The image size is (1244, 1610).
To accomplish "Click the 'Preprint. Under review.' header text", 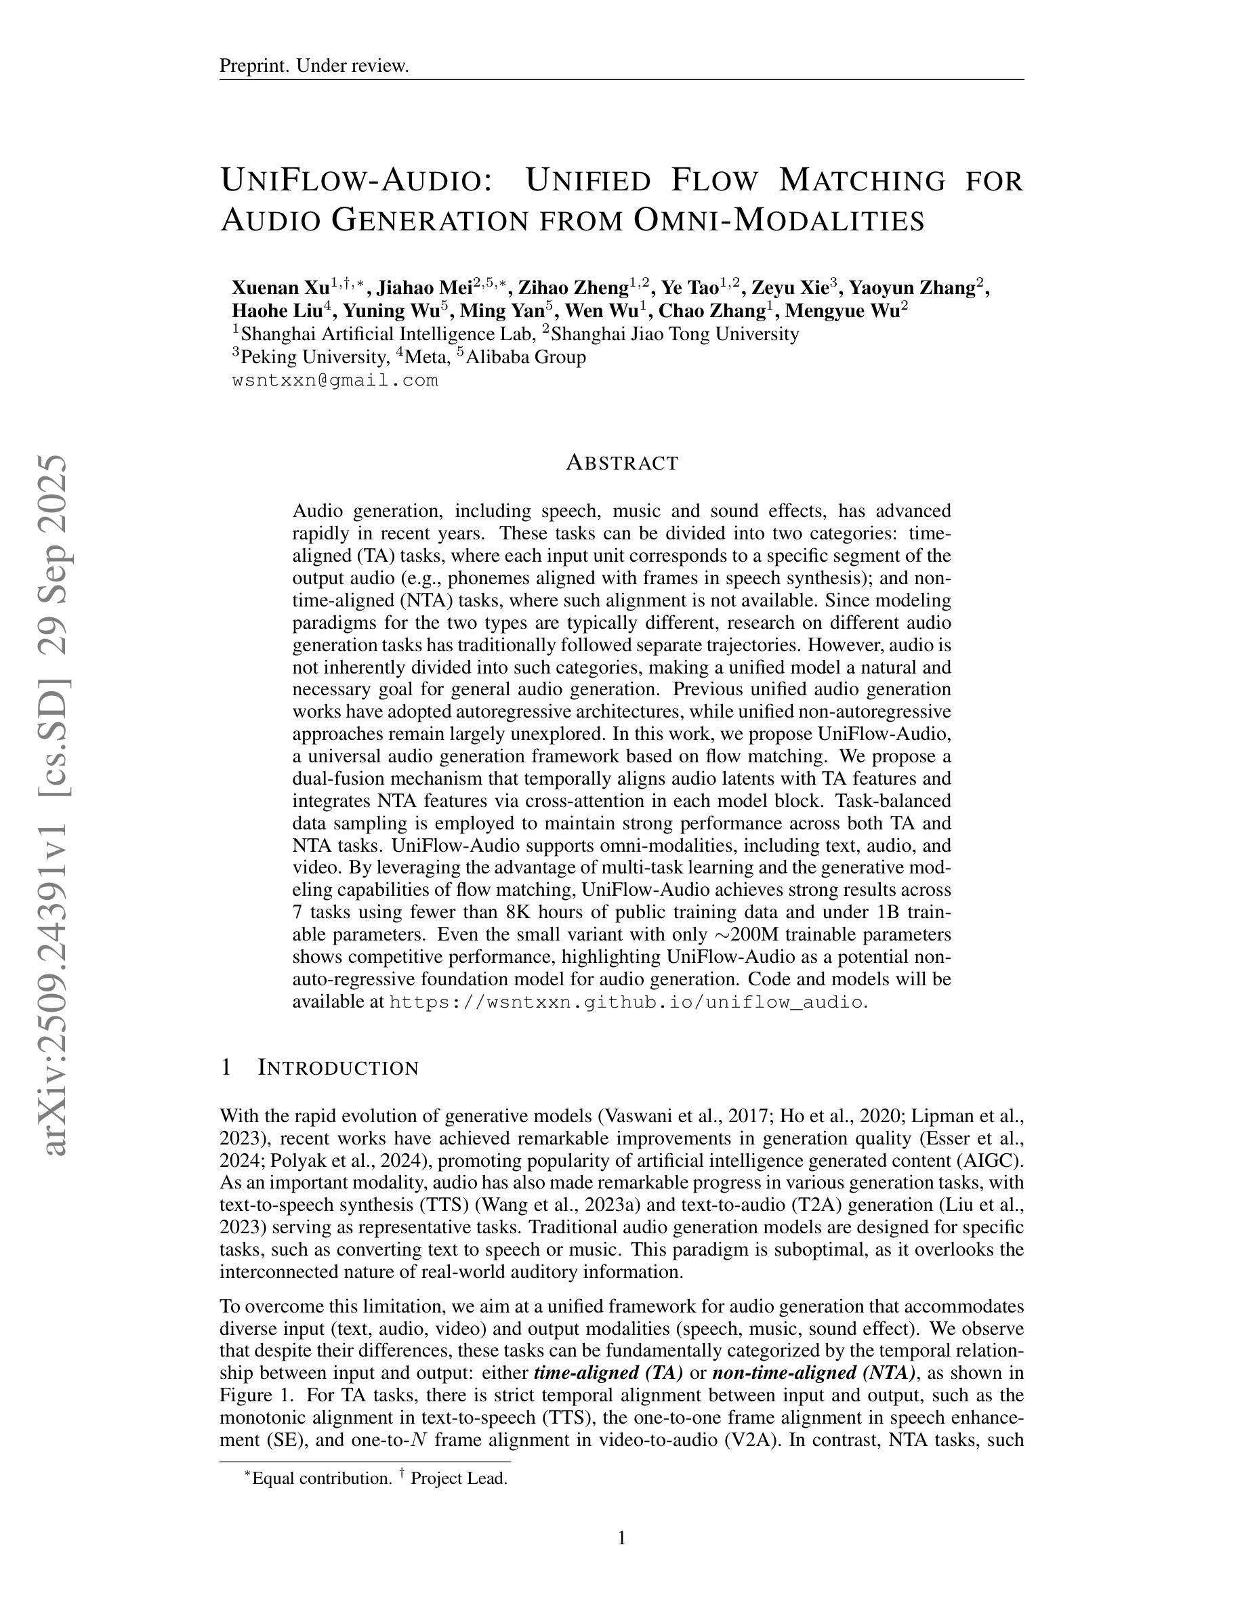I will [x=314, y=66].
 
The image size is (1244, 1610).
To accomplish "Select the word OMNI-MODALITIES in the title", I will [x=779, y=220].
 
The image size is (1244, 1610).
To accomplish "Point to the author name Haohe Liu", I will [x=276, y=311].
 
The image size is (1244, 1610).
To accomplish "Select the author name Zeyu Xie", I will [x=789, y=287].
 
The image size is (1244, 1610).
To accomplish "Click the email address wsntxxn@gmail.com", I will [x=335, y=381].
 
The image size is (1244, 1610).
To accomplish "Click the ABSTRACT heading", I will [x=622, y=463].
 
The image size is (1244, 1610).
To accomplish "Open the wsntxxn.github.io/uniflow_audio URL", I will [x=625, y=1002].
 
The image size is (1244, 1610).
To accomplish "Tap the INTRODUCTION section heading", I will [x=337, y=1068].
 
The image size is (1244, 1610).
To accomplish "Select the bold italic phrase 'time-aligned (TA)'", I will [x=608, y=1373].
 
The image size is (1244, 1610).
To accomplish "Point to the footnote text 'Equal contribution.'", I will [x=321, y=1478].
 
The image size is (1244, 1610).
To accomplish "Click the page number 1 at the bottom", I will [x=622, y=1537].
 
